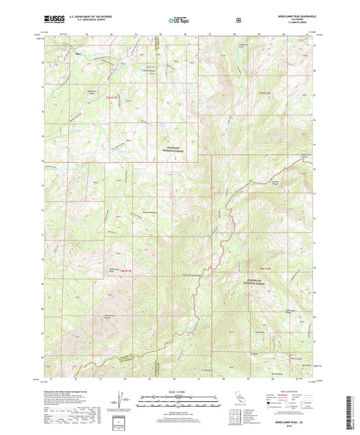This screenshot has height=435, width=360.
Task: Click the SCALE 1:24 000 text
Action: [x=179, y=392]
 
